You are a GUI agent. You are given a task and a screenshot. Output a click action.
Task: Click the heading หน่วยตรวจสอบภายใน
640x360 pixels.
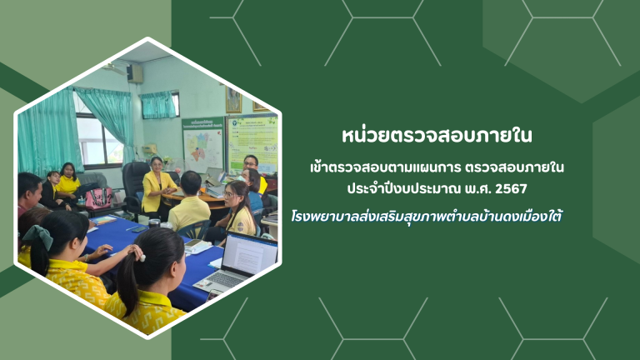pyautogui.click(x=437, y=136)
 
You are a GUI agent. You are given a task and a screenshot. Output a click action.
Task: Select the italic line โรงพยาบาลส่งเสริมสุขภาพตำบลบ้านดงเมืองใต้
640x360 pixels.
pyautogui.click(x=427, y=216)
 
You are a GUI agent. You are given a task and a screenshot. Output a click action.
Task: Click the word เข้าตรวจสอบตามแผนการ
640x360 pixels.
pyautogui.click(x=385, y=167)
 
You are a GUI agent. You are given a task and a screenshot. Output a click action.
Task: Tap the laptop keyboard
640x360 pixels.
pyautogui.click(x=222, y=279)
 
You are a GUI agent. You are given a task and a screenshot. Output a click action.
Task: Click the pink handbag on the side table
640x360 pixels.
pyautogui.click(x=98, y=198)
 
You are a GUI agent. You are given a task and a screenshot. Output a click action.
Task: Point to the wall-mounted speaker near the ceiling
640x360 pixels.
pyautogui.click(x=134, y=74)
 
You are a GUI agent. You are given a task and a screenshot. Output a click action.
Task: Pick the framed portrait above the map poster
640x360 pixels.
pyautogui.click(x=233, y=100)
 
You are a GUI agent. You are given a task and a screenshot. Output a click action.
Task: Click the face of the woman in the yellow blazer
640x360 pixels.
pyautogui.click(x=157, y=165)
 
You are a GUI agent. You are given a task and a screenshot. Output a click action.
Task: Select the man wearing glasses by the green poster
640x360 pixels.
pyautogui.click(x=254, y=172)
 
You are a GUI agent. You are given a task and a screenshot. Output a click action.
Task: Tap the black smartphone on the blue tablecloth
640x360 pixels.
pyautogui.click(x=139, y=229)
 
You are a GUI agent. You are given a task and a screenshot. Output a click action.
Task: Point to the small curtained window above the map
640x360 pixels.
pyautogui.click(x=160, y=105)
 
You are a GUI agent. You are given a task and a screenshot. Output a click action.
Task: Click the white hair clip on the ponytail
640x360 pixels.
pyautogui.click(x=142, y=258)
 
